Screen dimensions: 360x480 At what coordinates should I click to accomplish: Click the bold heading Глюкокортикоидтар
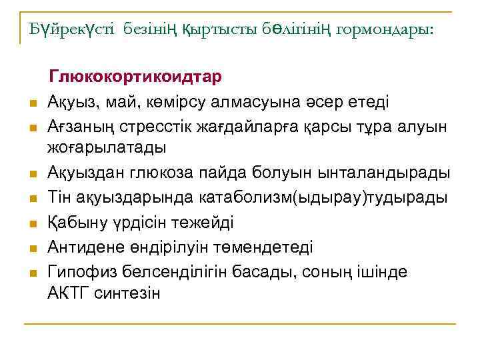click(135, 77)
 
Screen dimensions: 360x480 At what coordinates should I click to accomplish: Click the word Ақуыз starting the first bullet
click(71, 102)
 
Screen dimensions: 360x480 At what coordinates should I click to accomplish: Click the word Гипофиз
click(77, 273)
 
